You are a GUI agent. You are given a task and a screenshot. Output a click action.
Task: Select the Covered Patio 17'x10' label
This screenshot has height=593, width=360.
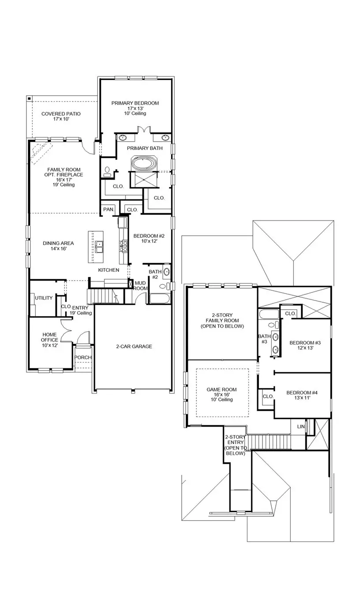tap(61, 116)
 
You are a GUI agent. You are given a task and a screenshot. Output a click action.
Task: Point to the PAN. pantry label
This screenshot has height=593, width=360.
tap(108, 210)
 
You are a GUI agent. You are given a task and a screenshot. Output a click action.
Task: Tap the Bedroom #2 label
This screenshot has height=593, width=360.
tap(145, 238)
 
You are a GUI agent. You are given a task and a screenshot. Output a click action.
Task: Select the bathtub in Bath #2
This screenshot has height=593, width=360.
tap(159, 298)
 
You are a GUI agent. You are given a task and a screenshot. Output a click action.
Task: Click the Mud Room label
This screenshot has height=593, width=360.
tap(140, 285)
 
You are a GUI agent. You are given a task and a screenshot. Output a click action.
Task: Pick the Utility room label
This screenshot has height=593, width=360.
tap(44, 298)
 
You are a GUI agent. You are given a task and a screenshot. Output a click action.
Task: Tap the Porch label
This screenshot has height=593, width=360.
tap(82, 357)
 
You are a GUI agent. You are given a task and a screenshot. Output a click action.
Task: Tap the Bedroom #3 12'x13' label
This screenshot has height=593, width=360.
tap(304, 345)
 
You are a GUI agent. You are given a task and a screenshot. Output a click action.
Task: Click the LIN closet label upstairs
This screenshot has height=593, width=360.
tap(301, 427)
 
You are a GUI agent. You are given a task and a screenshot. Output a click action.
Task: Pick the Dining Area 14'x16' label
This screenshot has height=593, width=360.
tap(58, 246)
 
